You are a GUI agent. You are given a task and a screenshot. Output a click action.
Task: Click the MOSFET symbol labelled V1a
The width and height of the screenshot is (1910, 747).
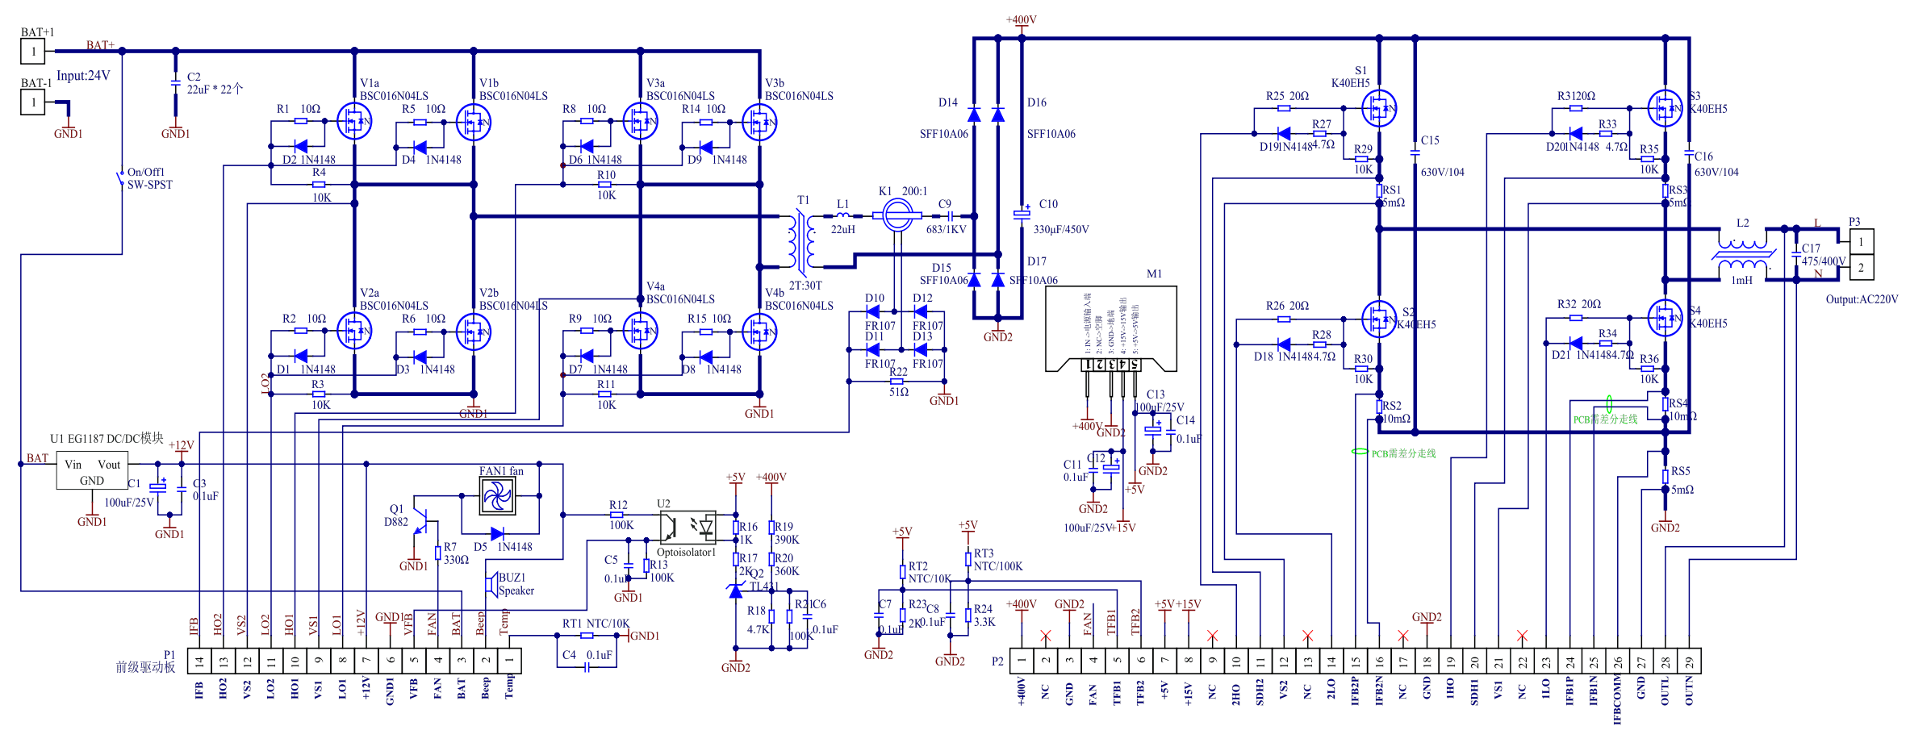click(x=353, y=122)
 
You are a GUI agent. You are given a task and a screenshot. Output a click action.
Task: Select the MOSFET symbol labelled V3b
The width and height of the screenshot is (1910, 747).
click(x=759, y=122)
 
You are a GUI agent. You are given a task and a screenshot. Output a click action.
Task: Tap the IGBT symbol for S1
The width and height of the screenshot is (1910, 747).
click(x=1379, y=108)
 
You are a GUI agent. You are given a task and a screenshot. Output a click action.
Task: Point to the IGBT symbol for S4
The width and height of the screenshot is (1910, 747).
click(x=1665, y=318)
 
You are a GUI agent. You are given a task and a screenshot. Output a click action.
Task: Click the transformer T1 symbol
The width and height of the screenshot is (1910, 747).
click(x=803, y=241)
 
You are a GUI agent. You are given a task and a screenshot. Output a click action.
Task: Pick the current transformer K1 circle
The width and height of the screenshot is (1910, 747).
click(x=897, y=215)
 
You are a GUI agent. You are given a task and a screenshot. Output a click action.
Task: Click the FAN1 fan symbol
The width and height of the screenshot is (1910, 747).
click(x=497, y=495)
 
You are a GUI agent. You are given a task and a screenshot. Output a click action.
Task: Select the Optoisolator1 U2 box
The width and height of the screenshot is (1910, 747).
click(x=688, y=528)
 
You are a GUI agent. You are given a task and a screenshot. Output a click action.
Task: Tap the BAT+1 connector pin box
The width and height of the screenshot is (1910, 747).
click(x=33, y=52)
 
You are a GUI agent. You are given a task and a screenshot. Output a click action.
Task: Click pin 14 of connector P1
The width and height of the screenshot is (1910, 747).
click(x=199, y=661)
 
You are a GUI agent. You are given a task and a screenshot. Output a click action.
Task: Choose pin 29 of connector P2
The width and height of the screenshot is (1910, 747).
click(x=1689, y=661)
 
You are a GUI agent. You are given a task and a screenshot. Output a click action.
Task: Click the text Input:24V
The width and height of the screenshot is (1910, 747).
click(x=83, y=76)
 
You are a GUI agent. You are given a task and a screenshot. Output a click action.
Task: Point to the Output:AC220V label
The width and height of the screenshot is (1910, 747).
click(x=1862, y=299)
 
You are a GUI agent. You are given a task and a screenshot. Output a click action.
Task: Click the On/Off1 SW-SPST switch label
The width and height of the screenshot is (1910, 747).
click(x=149, y=178)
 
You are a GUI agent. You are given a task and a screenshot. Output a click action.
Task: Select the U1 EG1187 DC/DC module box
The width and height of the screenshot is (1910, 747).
click(x=92, y=471)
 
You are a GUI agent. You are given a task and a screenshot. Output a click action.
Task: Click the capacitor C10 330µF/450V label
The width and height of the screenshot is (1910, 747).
click(x=1060, y=229)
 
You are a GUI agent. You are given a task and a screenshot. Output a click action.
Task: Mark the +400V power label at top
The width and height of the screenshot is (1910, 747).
click(x=1021, y=19)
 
